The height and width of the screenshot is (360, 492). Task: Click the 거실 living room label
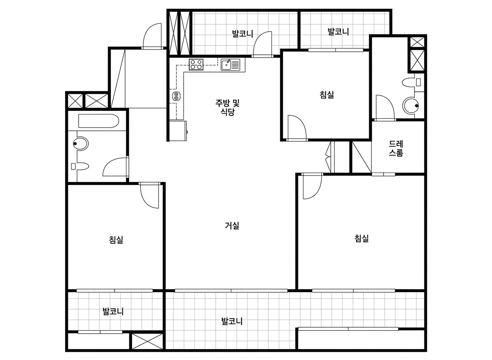click(x=232, y=225)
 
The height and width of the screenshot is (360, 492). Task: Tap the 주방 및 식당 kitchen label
click(x=227, y=107)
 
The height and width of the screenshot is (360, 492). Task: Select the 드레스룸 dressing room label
click(x=396, y=148)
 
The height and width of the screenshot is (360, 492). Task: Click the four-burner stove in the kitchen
click(x=196, y=65)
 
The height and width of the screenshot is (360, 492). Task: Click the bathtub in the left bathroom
click(x=99, y=121)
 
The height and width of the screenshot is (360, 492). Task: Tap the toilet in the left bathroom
click(x=80, y=166)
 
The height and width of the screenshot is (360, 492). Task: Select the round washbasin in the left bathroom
click(x=81, y=143)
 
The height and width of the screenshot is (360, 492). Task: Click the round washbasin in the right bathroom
click(x=411, y=106)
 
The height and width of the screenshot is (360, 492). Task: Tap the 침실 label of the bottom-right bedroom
click(x=361, y=238)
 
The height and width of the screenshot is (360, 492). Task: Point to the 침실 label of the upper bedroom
click(x=327, y=94)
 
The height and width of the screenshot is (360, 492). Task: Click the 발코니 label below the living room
click(x=232, y=321)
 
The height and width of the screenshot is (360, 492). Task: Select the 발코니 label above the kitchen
click(x=243, y=34)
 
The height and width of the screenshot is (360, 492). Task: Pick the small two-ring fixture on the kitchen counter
click(x=176, y=96)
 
